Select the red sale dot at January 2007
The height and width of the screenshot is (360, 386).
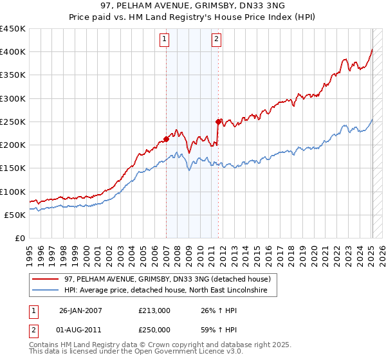(166, 138)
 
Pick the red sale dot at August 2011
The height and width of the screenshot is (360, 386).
(218, 121)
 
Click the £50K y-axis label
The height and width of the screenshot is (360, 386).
(15, 215)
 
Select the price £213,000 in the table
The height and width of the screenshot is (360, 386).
(154, 310)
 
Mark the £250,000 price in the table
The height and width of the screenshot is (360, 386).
(154, 330)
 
